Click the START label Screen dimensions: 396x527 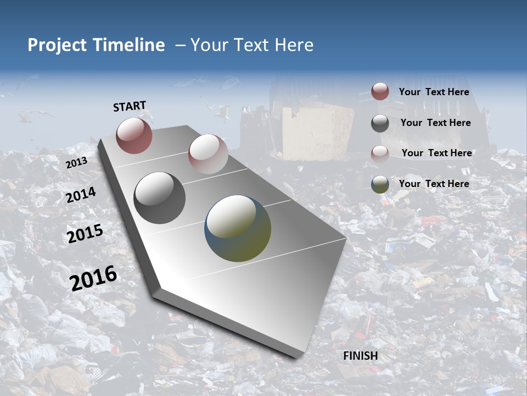(130, 106)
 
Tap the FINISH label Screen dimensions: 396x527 (361, 356)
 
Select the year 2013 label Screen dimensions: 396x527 (76, 163)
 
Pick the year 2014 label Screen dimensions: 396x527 (81, 195)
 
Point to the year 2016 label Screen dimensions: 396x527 (93, 278)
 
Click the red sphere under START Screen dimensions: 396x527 (134, 135)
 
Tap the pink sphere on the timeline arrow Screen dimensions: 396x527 (208, 153)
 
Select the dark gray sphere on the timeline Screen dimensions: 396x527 (159, 197)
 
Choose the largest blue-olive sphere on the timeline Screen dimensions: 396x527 (238, 228)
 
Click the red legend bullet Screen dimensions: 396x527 (380, 92)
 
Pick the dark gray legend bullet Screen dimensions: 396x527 (380, 123)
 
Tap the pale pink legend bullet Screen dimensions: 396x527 (380, 153)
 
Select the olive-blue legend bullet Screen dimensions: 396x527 (380, 184)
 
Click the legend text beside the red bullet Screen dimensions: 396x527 (434, 92)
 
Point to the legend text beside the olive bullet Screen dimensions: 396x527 (434, 184)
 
